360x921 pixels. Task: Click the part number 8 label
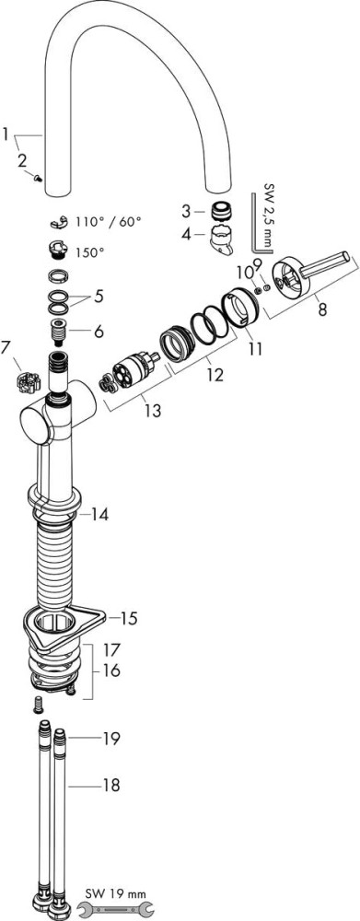(322, 310)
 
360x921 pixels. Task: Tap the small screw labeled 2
(37, 178)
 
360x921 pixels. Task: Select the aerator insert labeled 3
(218, 210)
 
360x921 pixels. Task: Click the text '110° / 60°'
(109, 222)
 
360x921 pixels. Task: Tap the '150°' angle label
(89, 252)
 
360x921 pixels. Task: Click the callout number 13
(152, 411)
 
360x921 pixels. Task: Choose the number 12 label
(215, 374)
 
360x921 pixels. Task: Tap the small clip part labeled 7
(27, 382)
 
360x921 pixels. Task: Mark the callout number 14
(99, 515)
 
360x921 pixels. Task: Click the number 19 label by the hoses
(110, 737)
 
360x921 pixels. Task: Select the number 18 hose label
(110, 784)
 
